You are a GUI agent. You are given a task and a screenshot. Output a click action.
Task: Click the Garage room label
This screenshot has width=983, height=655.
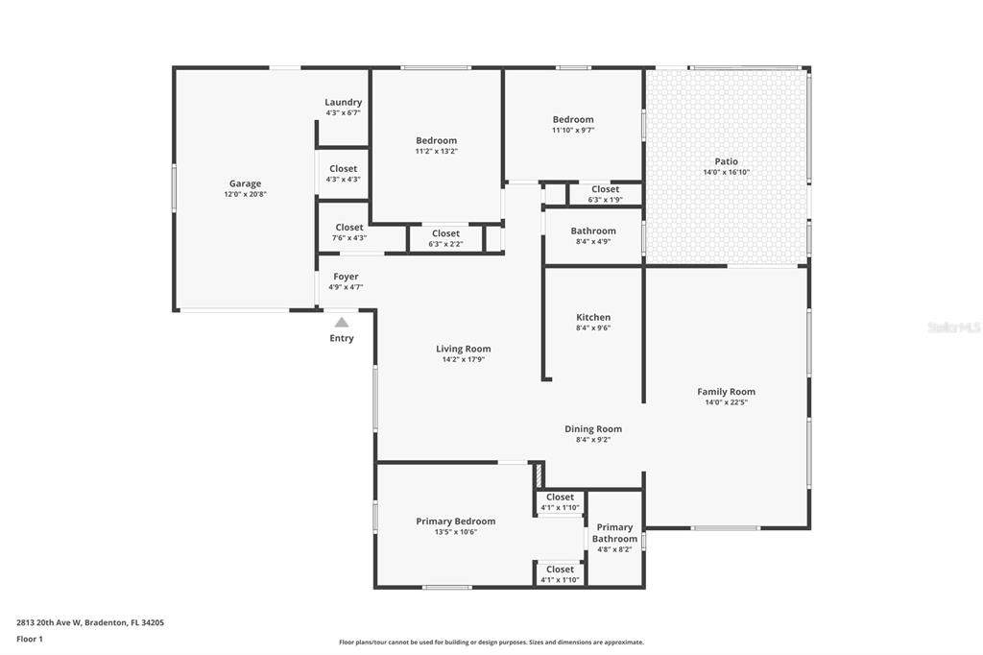[x=245, y=183]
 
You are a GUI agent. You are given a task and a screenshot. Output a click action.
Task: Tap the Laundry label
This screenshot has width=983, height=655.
[x=343, y=102]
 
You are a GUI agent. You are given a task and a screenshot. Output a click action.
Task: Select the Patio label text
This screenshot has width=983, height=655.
[x=726, y=161]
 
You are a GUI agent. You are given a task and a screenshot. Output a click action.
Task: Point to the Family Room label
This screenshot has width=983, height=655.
[x=726, y=392]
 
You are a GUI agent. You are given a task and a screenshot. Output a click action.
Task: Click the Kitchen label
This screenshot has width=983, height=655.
[x=593, y=318]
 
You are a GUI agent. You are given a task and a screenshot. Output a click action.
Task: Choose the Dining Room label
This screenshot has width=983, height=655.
[x=593, y=429]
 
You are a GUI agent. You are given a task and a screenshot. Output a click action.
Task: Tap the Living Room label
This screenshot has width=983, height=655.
[x=464, y=349]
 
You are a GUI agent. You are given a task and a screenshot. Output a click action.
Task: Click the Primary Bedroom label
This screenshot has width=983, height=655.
[x=456, y=522]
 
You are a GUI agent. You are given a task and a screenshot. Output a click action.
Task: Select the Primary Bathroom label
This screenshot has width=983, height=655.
[x=614, y=533]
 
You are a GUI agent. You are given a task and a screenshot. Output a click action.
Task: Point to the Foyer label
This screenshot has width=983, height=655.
[x=346, y=277]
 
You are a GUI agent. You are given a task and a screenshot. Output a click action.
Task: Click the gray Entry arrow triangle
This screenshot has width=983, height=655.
[x=341, y=323]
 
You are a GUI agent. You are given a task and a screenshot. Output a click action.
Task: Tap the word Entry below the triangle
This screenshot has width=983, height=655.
[x=342, y=338]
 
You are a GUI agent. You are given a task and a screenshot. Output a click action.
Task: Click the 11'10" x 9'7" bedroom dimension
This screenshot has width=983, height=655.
[x=573, y=131]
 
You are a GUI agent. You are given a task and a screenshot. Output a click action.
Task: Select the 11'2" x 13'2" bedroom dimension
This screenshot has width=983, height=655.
[x=437, y=151]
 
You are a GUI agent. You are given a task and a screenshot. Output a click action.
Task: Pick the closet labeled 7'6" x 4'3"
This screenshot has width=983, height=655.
[x=349, y=232]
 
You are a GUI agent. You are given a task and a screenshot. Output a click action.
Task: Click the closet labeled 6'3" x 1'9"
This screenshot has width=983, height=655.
[x=605, y=194]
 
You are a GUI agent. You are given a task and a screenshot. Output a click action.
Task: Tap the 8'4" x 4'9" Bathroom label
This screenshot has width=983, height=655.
[x=593, y=236]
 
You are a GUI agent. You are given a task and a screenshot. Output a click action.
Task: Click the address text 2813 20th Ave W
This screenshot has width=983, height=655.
[x=49, y=623]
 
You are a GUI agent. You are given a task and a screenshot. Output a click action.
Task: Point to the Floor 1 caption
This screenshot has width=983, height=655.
[x=30, y=640]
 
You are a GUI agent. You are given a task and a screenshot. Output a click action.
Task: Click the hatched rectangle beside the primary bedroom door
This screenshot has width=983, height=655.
[x=538, y=475]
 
